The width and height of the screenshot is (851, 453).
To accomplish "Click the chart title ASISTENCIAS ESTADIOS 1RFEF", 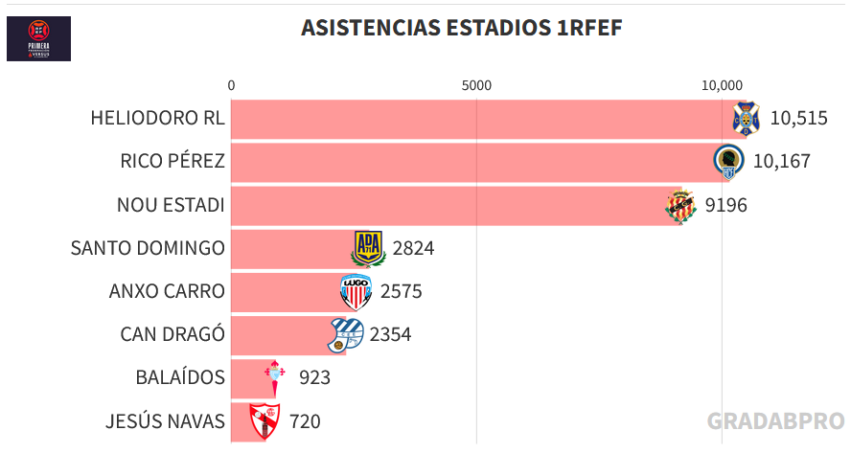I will point(461,28).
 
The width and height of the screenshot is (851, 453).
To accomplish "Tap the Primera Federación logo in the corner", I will point(38,38).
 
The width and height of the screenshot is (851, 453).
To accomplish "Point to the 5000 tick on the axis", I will point(476,85).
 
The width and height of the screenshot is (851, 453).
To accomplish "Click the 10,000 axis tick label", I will point(722,85).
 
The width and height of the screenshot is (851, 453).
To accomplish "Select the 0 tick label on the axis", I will point(231,85).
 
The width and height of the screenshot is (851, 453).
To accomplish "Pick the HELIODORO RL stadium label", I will point(157,119).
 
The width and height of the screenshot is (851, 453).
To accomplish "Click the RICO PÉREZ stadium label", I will point(172,161).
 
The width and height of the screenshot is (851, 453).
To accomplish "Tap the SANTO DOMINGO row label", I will point(148,248).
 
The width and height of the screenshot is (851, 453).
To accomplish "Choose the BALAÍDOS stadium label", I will point(180,377).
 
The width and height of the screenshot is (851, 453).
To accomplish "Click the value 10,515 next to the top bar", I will point(798,119).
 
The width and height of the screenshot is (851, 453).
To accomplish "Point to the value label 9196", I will point(725,205).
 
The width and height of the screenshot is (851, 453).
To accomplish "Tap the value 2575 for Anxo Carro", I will point(401,291).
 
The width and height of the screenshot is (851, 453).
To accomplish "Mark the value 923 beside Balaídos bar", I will point(314,377).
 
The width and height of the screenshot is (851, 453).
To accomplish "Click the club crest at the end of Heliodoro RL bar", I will point(746,118).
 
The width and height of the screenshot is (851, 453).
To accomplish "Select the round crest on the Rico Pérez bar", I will point(729,161).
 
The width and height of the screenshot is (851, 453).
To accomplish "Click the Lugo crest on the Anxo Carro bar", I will point(356,291).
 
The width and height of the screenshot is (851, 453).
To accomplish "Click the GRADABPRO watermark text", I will point(775,421).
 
